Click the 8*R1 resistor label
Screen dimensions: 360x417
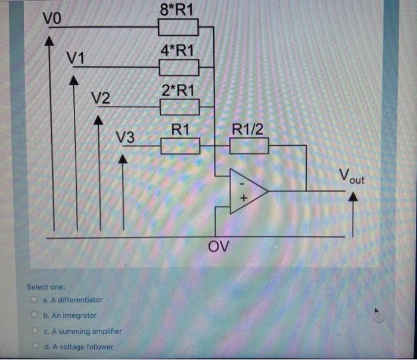click(177, 10)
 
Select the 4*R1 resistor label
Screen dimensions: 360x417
click(177, 50)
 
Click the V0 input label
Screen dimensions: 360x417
click(52, 18)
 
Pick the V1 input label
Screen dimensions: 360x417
click(76, 58)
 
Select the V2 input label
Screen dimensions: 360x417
click(100, 97)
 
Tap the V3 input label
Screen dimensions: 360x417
click(125, 137)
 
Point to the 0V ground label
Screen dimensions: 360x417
click(219, 246)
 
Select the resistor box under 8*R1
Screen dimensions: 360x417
click(178, 27)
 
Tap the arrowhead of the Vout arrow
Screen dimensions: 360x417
click(353, 201)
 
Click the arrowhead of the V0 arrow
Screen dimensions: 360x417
click(51, 40)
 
